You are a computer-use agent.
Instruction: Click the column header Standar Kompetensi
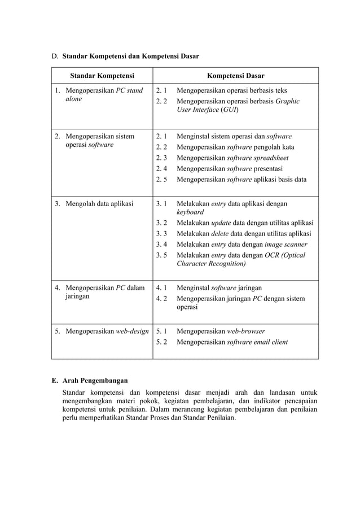(102, 76)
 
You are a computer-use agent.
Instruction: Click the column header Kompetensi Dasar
(235, 76)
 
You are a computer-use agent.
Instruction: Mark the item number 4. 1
(161, 287)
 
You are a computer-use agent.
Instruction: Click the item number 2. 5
(161, 180)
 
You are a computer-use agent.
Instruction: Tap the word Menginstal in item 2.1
(194, 137)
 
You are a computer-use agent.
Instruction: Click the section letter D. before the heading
(55, 56)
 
